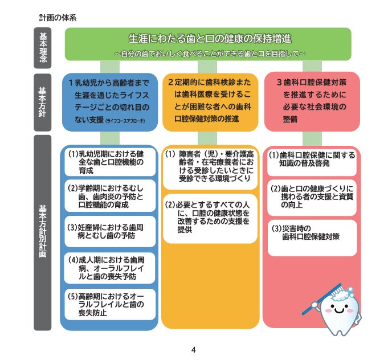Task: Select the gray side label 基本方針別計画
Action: (x=43, y=232)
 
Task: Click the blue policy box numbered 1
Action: (x=109, y=101)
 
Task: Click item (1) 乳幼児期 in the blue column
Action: (x=109, y=162)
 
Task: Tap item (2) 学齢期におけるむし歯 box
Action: (x=109, y=196)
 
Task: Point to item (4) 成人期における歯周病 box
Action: (x=109, y=268)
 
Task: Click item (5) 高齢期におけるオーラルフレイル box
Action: (x=109, y=304)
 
